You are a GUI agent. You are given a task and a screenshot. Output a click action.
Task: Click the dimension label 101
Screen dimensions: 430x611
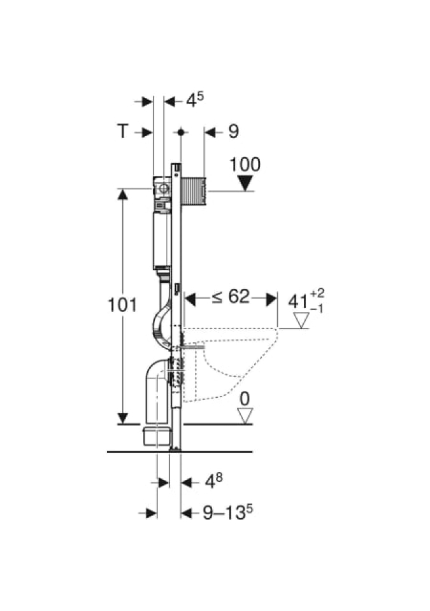[122, 305]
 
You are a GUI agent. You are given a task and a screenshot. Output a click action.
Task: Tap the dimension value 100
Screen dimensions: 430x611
[245, 165]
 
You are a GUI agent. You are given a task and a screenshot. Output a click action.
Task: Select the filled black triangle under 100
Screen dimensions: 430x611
[245, 183]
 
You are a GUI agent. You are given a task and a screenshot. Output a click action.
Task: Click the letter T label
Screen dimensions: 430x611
[122, 131]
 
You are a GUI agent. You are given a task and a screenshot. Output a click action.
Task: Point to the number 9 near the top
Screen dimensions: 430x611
[233, 132]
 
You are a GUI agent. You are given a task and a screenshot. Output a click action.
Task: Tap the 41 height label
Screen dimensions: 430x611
[298, 302]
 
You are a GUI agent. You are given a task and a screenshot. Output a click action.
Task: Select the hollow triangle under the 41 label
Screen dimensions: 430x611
[301, 320]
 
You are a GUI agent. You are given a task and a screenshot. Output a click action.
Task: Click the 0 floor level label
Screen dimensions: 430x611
[245, 398]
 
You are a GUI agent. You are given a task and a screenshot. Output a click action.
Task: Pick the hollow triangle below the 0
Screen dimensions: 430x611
[245, 416]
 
